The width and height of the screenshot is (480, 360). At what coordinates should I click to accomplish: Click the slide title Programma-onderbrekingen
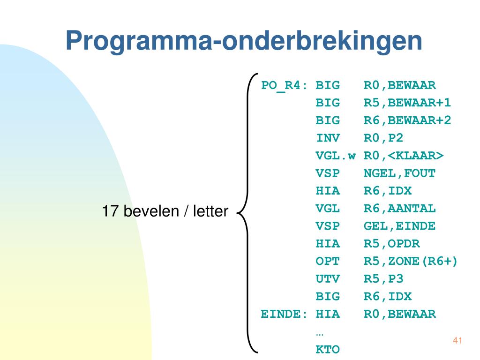(x=244, y=41)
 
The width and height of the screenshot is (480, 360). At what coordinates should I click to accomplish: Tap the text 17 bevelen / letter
(x=165, y=211)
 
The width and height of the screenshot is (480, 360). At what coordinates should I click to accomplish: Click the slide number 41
(x=457, y=340)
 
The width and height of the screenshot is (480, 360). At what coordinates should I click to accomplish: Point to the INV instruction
(x=328, y=138)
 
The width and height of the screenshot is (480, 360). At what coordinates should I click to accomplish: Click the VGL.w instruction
(x=336, y=156)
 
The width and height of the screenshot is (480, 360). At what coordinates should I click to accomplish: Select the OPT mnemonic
(x=328, y=261)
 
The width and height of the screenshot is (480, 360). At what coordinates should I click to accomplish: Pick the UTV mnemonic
(x=328, y=279)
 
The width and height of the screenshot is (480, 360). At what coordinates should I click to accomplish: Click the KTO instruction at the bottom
(x=328, y=349)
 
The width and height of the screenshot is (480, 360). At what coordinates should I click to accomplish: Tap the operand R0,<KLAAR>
(x=404, y=156)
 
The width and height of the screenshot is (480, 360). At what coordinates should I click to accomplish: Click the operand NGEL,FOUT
(x=399, y=173)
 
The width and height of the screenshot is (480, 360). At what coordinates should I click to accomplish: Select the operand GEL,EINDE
(x=399, y=226)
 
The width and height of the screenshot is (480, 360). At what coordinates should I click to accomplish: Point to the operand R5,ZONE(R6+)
(x=411, y=261)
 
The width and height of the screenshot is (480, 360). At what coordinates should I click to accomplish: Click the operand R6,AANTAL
(x=399, y=209)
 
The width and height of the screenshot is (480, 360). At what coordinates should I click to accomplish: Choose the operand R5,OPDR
(x=391, y=244)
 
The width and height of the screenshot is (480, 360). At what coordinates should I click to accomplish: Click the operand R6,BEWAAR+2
(x=407, y=120)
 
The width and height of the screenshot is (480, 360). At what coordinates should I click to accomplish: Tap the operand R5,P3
(x=383, y=279)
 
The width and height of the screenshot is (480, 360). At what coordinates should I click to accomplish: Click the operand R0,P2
(x=383, y=138)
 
